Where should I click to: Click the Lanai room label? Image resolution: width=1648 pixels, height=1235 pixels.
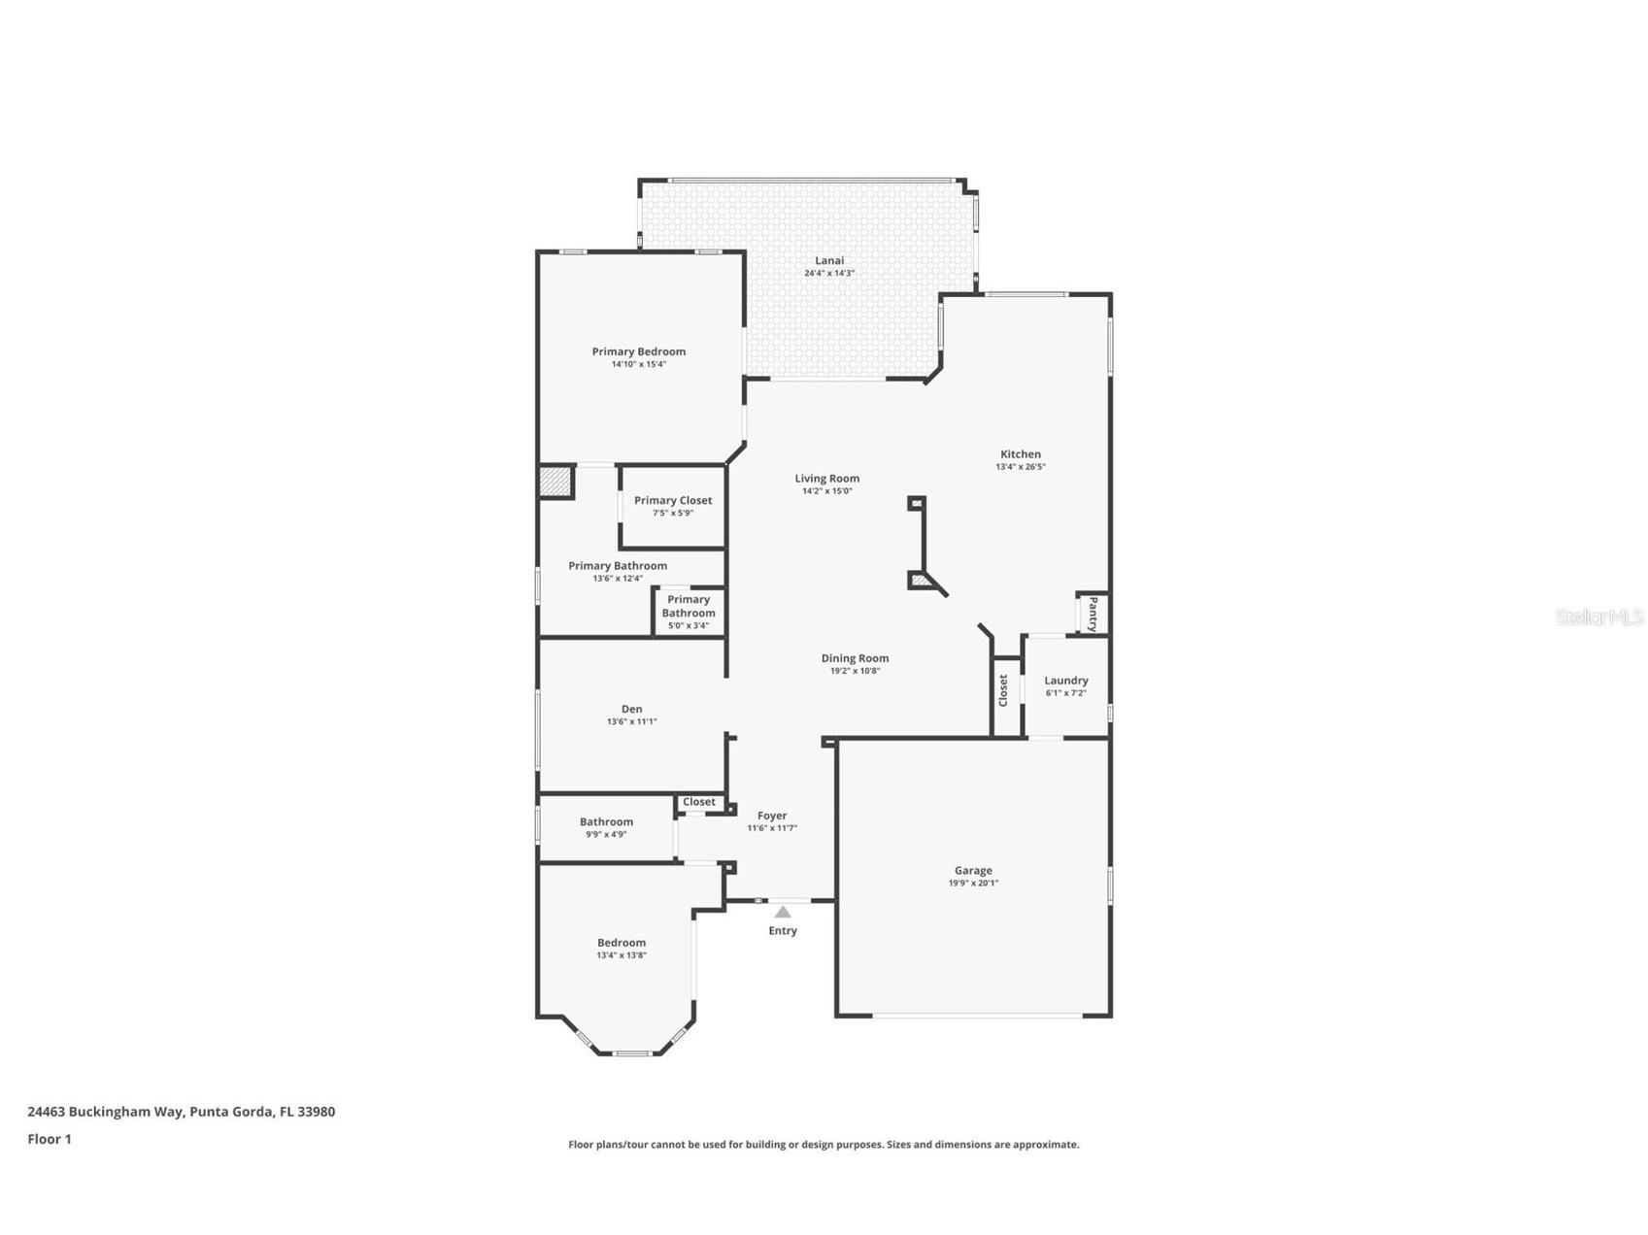click(x=828, y=260)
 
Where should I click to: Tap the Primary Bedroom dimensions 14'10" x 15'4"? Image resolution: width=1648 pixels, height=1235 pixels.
click(x=638, y=364)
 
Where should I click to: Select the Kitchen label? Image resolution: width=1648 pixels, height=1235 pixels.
click(x=1020, y=453)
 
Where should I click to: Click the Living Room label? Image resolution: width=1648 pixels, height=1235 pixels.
click(x=826, y=478)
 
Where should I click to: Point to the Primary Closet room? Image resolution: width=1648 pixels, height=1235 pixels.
click(x=673, y=506)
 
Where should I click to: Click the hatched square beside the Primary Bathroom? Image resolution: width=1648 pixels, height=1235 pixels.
click(x=555, y=483)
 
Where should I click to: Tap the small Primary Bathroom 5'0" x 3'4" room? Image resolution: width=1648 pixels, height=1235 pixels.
click(x=689, y=613)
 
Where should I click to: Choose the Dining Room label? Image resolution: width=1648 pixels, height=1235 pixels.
click(x=855, y=658)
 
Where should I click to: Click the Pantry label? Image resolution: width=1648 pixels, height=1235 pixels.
click(x=1093, y=614)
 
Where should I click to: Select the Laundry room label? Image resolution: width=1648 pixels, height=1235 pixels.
click(x=1065, y=681)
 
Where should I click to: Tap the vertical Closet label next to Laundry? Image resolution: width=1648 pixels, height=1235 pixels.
click(x=1004, y=690)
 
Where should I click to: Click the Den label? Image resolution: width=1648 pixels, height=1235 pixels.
click(x=631, y=709)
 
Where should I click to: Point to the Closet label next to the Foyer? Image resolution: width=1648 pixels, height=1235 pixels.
click(x=698, y=802)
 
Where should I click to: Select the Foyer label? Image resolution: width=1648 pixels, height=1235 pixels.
click(x=772, y=816)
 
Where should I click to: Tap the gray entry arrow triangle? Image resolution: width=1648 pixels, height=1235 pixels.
click(x=783, y=912)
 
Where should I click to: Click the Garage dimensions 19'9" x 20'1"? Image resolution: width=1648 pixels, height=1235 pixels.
click(x=972, y=884)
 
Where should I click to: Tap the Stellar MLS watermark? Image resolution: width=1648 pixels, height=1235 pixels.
click(x=1598, y=617)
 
